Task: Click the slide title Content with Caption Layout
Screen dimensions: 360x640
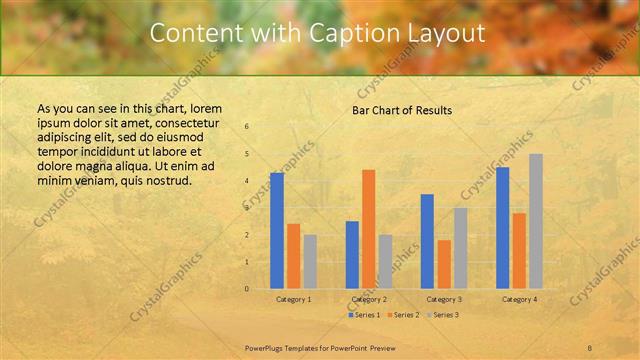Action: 317,33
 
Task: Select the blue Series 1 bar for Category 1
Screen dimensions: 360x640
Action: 277,230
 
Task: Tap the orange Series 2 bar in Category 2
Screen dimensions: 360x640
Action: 368,228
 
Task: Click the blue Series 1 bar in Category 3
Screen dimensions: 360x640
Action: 427,241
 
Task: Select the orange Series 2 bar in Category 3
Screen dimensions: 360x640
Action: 444,264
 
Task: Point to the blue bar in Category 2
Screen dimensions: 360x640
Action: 352,254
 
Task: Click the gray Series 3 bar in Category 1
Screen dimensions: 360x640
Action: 310,261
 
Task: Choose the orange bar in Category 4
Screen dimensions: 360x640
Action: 519,250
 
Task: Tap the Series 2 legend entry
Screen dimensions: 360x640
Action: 404,315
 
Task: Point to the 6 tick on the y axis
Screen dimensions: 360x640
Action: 247,126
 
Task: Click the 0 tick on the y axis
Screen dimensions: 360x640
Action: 247,289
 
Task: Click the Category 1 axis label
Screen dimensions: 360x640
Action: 293,299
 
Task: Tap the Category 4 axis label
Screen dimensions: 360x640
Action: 519,299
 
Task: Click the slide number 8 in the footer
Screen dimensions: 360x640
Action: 590,346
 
